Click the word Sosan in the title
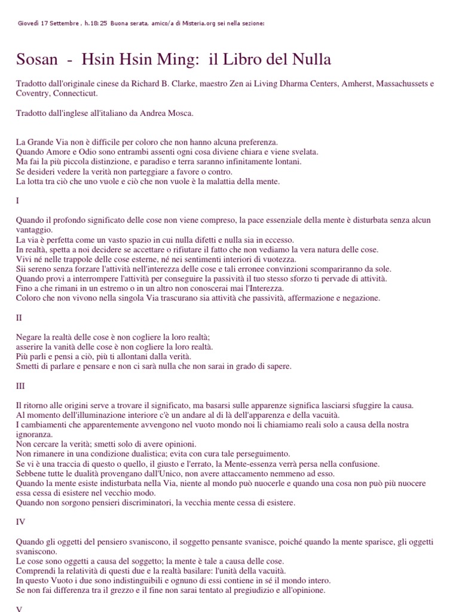[37, 60]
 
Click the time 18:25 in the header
[98, 23]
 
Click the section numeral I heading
[17, 200]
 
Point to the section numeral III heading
[21, 385]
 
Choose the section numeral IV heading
[21, 522]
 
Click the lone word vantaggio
[33, 229]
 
